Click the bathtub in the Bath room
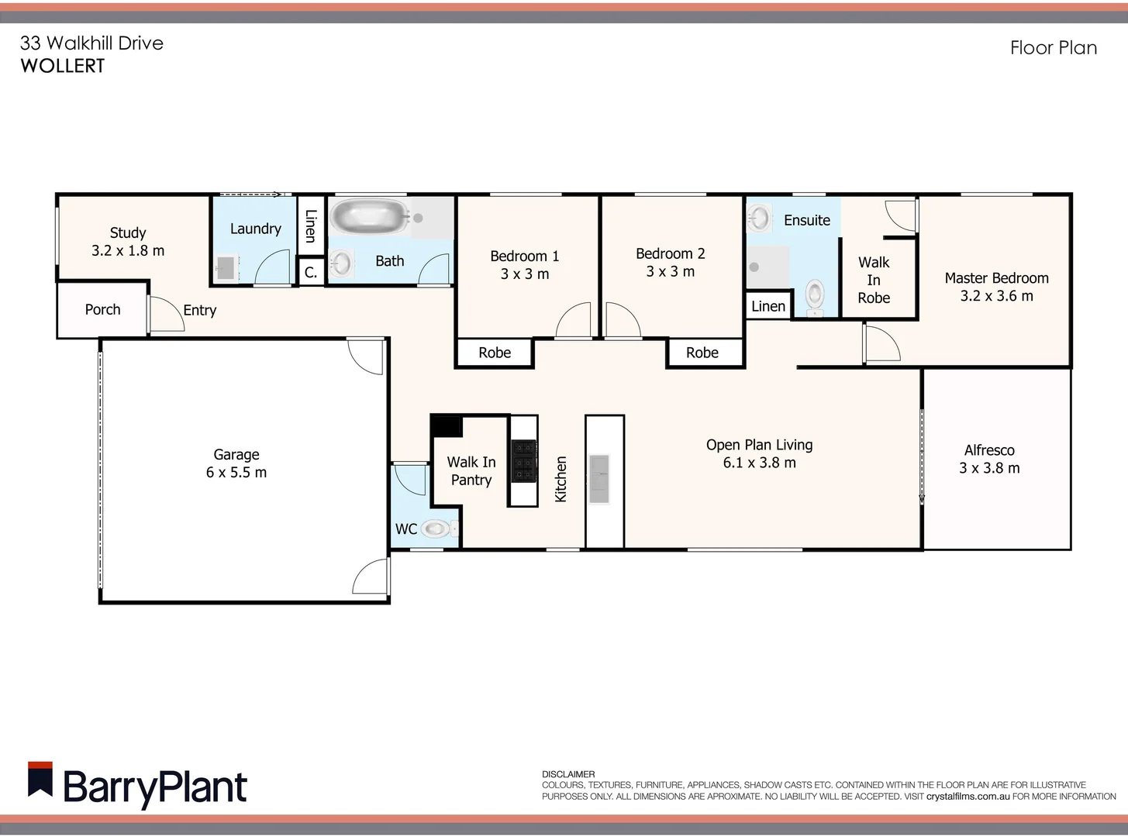click(x=369, y=218)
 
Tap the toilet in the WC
click(x=436, y=529)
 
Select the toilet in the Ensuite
click(x=815, y=295)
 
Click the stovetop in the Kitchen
click(x=523, y=460)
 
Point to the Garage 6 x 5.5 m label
click(x=236, y=463)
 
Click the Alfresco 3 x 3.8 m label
click(x=989, y=459)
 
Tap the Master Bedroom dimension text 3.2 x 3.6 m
click(x=996, y=296)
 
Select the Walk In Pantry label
click(x=471, y=470)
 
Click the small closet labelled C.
click(x=311, y=272)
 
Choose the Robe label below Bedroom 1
click(x=495, y=353)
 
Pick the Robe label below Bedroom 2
click(x=702, y=353)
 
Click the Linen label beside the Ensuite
click(x=768, y=306)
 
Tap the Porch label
click(x=102, y=309)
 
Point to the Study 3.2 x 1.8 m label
click(x=128, y=241)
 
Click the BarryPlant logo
click(x=137, y=785)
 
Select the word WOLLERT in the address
click(x=62, y=66)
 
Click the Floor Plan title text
click(x=1053, y=48)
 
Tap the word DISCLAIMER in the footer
click(x=568, y=774)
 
